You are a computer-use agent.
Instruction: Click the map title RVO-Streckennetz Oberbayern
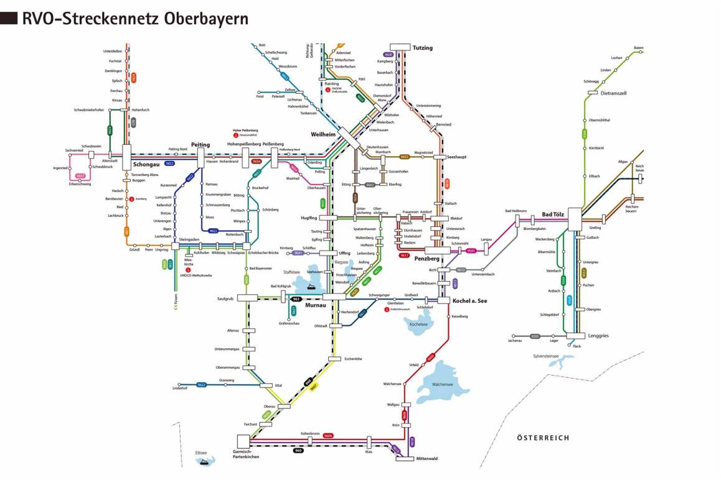coord(134,18)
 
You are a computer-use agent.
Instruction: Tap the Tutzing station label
coord(422,48)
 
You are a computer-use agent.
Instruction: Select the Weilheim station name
coord(323,134)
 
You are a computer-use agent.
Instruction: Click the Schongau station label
coord(147,165)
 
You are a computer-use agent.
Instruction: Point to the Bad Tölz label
coord(555,215)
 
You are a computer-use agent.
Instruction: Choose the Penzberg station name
coord(427,258)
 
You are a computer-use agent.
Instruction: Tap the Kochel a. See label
coord(470,301)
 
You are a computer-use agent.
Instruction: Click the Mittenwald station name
coord(426,459)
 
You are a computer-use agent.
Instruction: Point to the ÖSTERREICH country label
coord(543,438)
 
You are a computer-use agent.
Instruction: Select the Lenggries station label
coord(598,336)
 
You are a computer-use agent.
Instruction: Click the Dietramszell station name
coord(616,94)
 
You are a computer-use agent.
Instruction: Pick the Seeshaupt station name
coord(456,157)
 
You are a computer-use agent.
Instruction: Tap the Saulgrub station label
coord(225,298)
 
